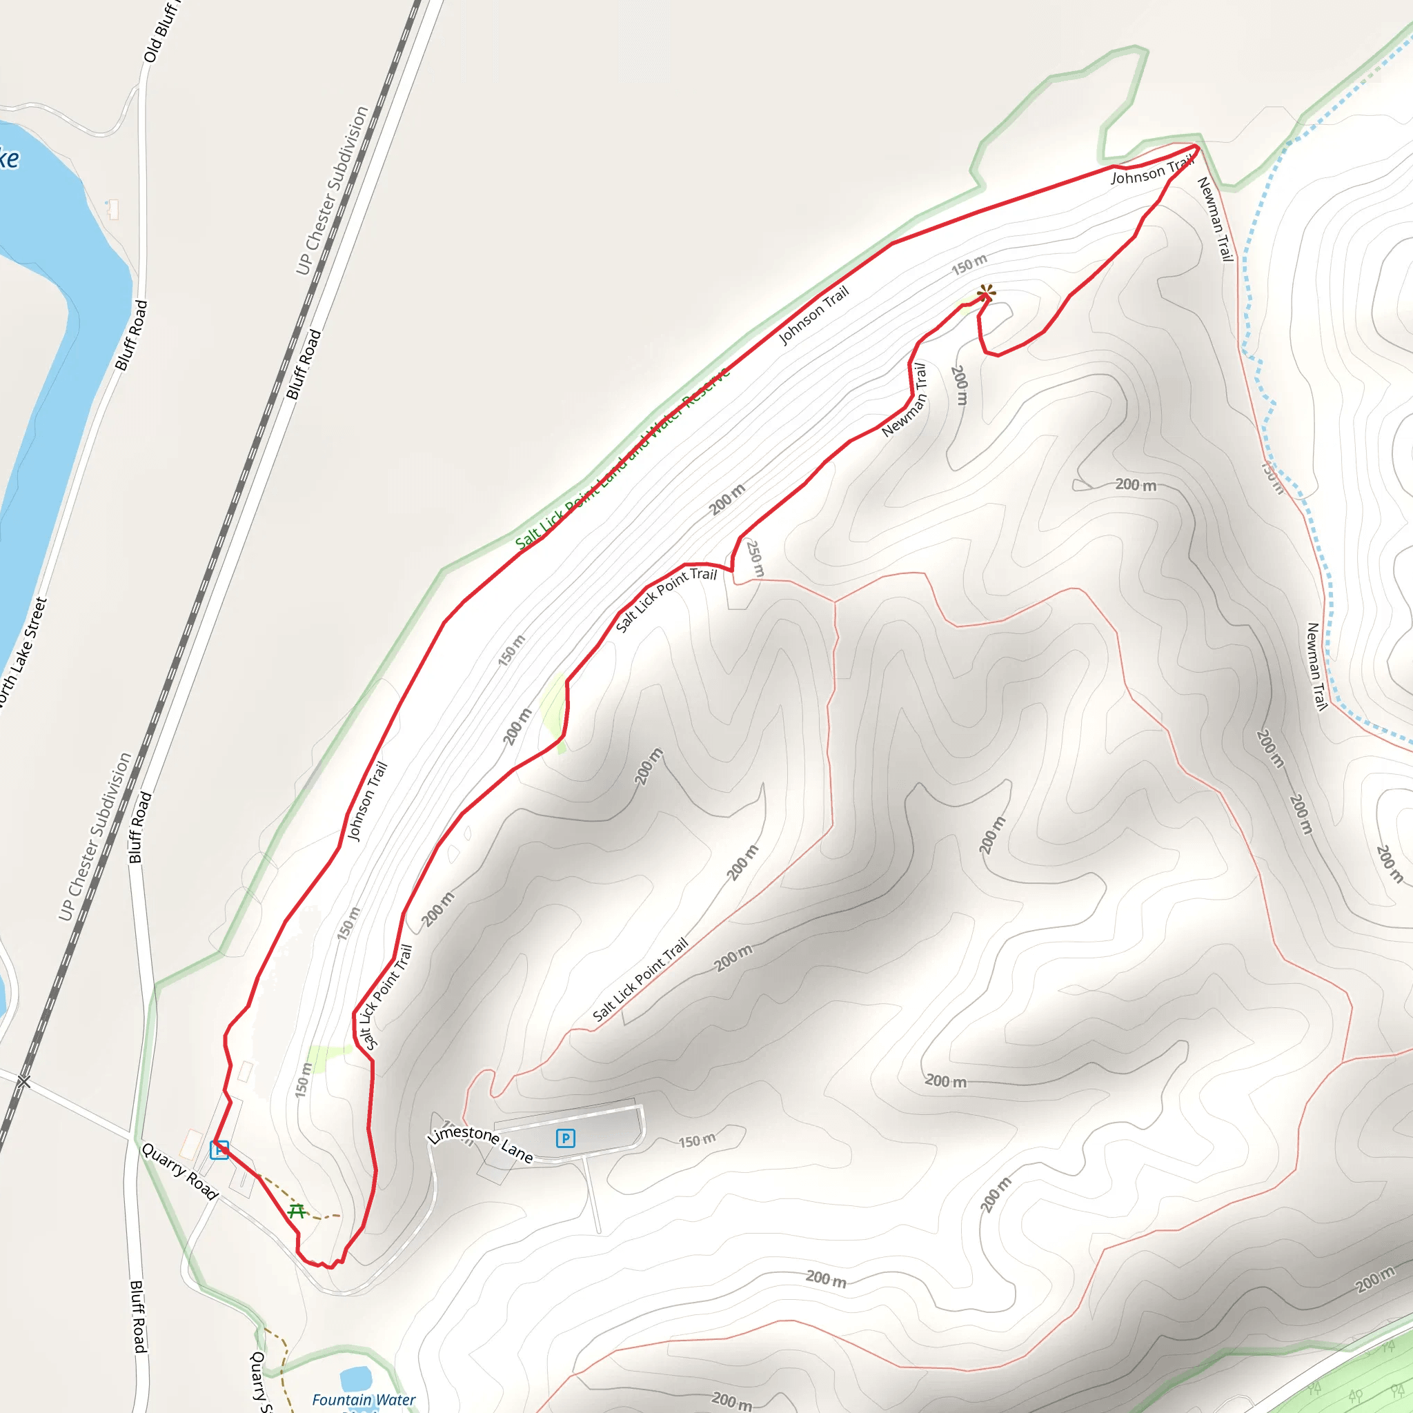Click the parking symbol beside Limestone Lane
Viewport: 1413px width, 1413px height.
tap(564, 1138)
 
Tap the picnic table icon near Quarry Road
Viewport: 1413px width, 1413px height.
tap(296, 1211)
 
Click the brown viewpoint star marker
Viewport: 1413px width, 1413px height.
tap(986, 294)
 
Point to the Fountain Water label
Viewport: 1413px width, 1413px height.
tap(364, 1399)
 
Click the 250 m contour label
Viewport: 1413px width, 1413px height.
tap(755, 559)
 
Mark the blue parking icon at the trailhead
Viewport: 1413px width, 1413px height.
tap(219, 1149)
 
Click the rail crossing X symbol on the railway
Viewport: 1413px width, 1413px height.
tap(24, 1081)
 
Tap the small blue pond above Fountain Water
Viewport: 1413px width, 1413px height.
tap(355, 1379)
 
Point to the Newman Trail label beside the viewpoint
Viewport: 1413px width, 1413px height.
tap(905, 401)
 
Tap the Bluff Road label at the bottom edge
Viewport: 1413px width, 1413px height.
tap(138, 1316)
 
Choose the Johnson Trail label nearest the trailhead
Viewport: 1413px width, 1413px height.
tap(366, 801)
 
